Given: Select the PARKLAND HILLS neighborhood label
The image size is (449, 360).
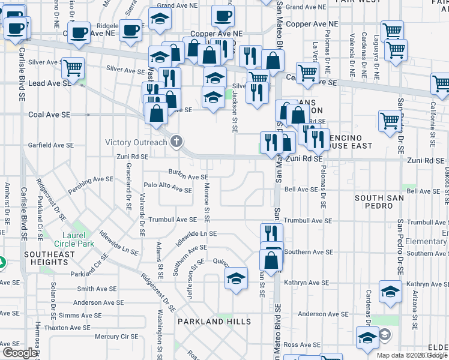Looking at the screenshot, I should coord(214,322).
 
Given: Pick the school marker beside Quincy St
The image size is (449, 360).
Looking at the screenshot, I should coord(237,278).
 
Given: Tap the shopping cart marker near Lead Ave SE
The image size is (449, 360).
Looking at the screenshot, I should coord(73,68).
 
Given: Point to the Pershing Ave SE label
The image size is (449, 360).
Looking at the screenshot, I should coord(91,179).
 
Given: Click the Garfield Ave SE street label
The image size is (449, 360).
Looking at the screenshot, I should coord(51,145).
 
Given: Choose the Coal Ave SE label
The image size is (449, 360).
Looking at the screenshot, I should coord(49,114).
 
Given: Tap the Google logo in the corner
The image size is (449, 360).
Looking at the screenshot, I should coord(19,353).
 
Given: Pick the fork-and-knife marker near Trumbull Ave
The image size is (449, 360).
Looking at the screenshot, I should coord(271,233).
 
